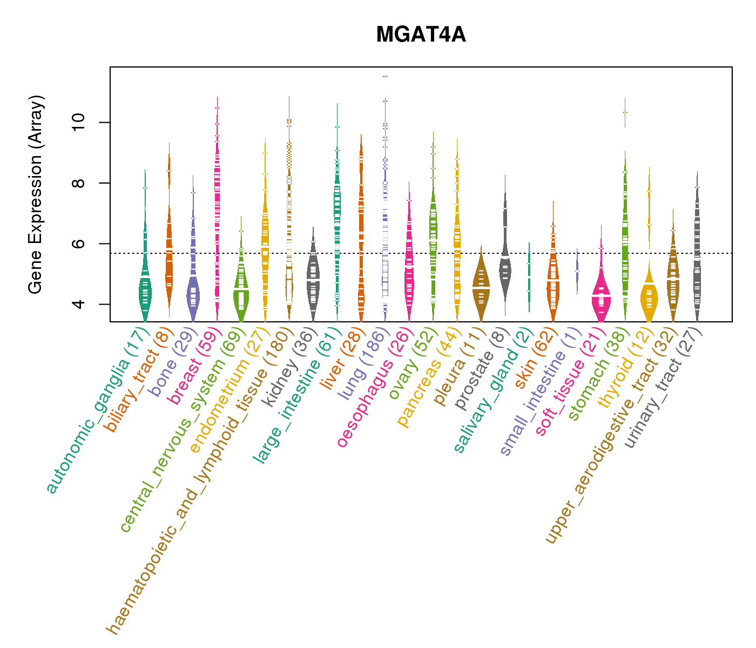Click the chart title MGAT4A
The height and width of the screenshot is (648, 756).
pos(421,35)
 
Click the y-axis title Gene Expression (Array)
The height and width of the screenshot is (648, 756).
pos(36,194)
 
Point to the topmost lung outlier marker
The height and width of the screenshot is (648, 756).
pos(385,77)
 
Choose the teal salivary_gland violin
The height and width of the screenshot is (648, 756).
pos(529,275)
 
